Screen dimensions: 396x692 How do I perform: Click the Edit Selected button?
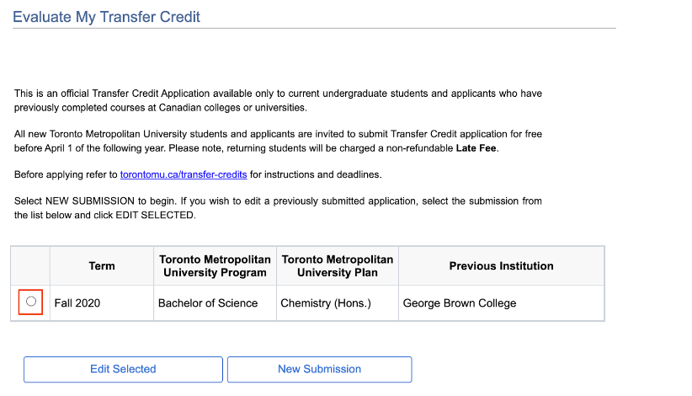[x=123, y=369]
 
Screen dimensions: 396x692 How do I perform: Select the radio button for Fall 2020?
[x=31, y=302]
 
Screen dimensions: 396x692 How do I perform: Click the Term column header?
[x=102, y=266]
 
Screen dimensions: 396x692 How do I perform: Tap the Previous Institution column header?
[x=501, y=266]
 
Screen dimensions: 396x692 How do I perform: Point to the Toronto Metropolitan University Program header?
[x=215, y=266]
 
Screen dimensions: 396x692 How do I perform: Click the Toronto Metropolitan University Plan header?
[x=337, y=266]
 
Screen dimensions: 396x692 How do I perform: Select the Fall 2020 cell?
[x=77, y=303]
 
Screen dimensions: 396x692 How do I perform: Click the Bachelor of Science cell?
[x=208, y=303]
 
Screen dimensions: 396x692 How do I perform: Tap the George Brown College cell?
[x=460, y=303]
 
